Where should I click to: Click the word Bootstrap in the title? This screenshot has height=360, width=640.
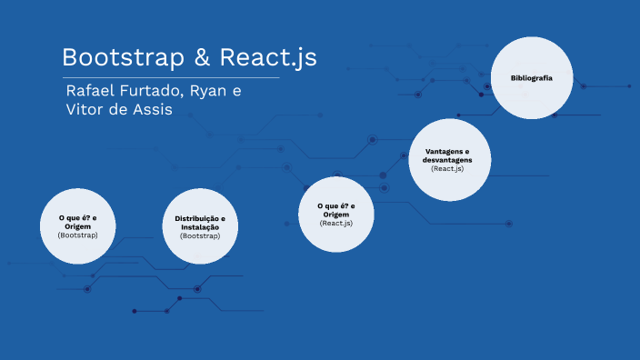tap(122, 57)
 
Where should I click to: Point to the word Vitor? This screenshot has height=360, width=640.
tap(86, 110)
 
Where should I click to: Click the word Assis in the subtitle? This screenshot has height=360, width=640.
tap(150, 110)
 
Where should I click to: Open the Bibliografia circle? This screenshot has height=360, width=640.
tap(532, 79)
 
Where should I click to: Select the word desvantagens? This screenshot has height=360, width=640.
tap(447, 159)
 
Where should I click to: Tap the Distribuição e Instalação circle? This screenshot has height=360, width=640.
tap(200, 227)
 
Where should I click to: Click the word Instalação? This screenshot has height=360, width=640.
tap(200, 227)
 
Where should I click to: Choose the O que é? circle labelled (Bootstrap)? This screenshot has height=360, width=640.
tap(77, 226)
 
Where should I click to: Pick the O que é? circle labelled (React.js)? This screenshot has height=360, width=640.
tap(336, 214)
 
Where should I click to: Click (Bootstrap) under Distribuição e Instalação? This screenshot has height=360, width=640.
tap(200, 235)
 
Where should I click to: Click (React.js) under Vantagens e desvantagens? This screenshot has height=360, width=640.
tap(447, 168)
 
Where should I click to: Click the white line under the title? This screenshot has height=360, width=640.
tap(171, 78)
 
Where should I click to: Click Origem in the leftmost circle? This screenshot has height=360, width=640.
tap(77, 226)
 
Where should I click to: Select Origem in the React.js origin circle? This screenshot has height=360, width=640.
tap(336, 215)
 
